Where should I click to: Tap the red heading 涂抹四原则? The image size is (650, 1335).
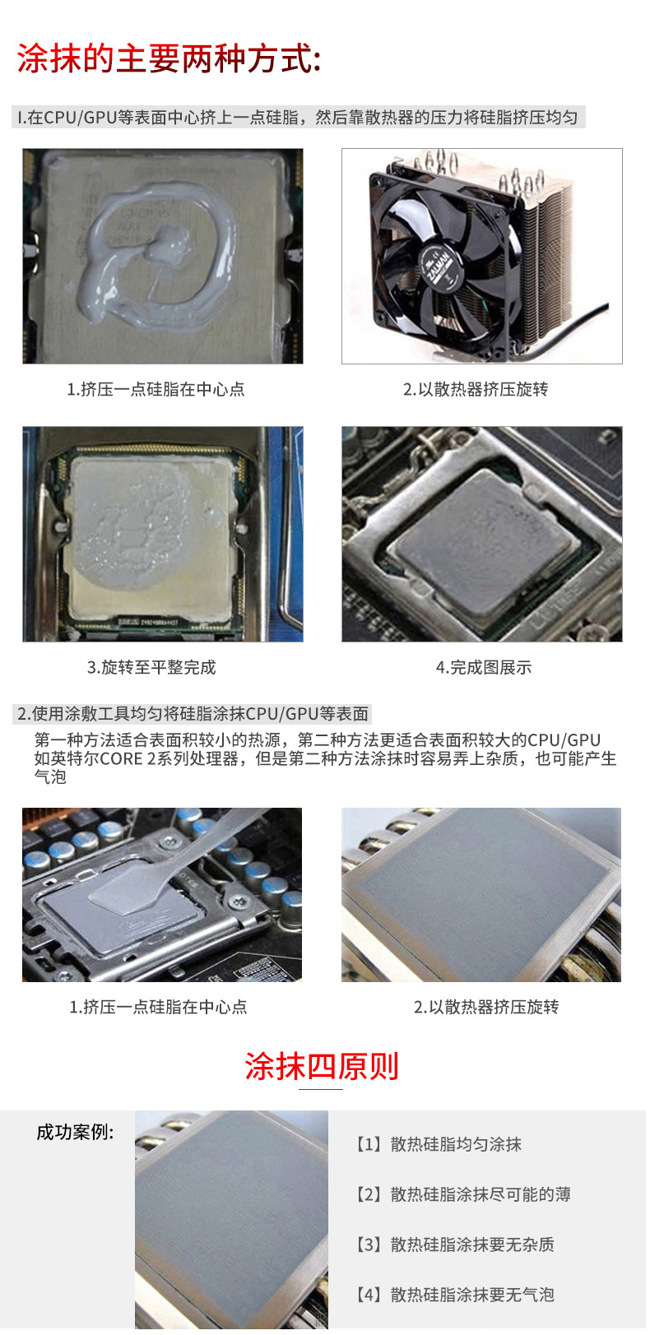(321, 1065)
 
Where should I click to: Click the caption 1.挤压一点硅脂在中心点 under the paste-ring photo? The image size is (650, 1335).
(156, 389)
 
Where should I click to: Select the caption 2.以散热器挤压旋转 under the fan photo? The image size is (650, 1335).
(475, 389)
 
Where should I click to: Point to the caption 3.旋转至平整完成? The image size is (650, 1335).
(151, 667)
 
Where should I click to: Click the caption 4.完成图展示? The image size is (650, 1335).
(483, 667)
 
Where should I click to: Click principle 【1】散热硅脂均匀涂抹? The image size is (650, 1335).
(439, 1143)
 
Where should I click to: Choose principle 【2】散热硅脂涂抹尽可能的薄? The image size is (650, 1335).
(462, 1194)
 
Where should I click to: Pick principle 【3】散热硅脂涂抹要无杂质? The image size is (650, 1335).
(454, 1244)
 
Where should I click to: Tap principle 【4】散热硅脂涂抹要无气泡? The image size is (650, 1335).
(454, 1294)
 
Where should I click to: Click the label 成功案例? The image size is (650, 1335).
(75, 1132)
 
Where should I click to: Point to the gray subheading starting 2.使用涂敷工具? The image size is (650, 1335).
(193, 713)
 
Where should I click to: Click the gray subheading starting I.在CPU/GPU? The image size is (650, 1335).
(298, 117)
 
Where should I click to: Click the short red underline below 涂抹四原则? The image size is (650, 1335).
(320, 1089)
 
